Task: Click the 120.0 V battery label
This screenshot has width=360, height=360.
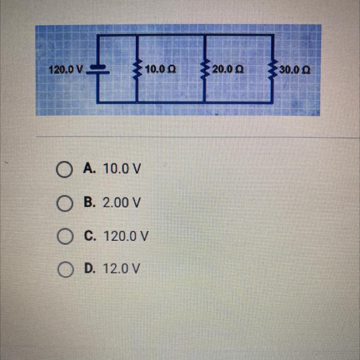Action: pos(66,70)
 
